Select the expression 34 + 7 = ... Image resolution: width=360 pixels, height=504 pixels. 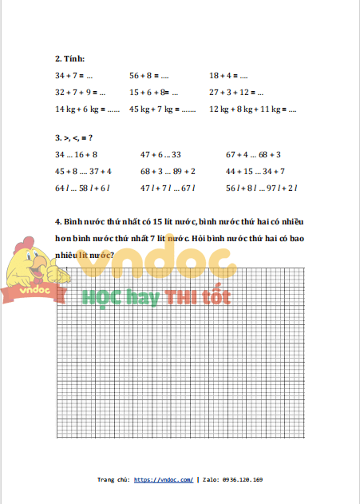coord(74,75)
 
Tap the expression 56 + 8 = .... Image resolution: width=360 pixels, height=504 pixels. coord(149,75)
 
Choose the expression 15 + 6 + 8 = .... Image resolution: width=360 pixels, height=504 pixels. coord(154,92)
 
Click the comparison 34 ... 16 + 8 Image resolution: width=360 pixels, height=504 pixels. coord(76,154)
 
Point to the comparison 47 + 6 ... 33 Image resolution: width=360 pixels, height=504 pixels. coord(160,154)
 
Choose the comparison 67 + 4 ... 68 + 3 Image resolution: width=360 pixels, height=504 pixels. coord(253,154)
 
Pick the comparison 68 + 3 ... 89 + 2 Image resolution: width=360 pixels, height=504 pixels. coord(168,171)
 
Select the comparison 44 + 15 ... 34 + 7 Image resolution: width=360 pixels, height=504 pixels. coord(255,171)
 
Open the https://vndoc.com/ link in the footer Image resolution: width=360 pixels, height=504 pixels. coord(164,480)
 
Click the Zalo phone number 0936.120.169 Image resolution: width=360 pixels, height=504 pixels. coord(239,480)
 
